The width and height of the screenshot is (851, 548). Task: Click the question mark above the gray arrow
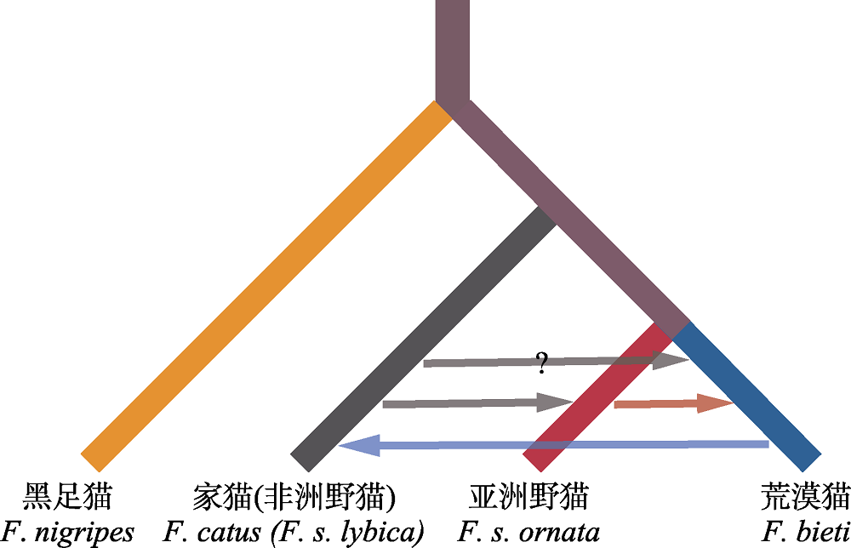click(541, 363)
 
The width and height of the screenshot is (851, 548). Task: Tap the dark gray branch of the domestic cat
click(423, 340)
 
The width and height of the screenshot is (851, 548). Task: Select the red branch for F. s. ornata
click(597, 397)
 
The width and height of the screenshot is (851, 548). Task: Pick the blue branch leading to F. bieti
click(747, 397)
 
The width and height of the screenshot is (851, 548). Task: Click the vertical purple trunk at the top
click(453, 52)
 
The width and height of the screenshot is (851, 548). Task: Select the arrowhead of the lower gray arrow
click(555, 402)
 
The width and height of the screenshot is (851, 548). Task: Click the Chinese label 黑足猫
click(67, 496)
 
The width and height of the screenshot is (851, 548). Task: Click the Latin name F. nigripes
click(67, 533)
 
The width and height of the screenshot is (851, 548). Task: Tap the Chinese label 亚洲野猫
click(528, 496)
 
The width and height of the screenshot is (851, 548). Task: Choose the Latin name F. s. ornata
click(528, 532)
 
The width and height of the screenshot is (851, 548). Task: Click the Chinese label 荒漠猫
click(805, 496)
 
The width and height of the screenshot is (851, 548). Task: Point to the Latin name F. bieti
click(806, 531)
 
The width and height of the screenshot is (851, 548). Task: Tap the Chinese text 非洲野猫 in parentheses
click(323, 496)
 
